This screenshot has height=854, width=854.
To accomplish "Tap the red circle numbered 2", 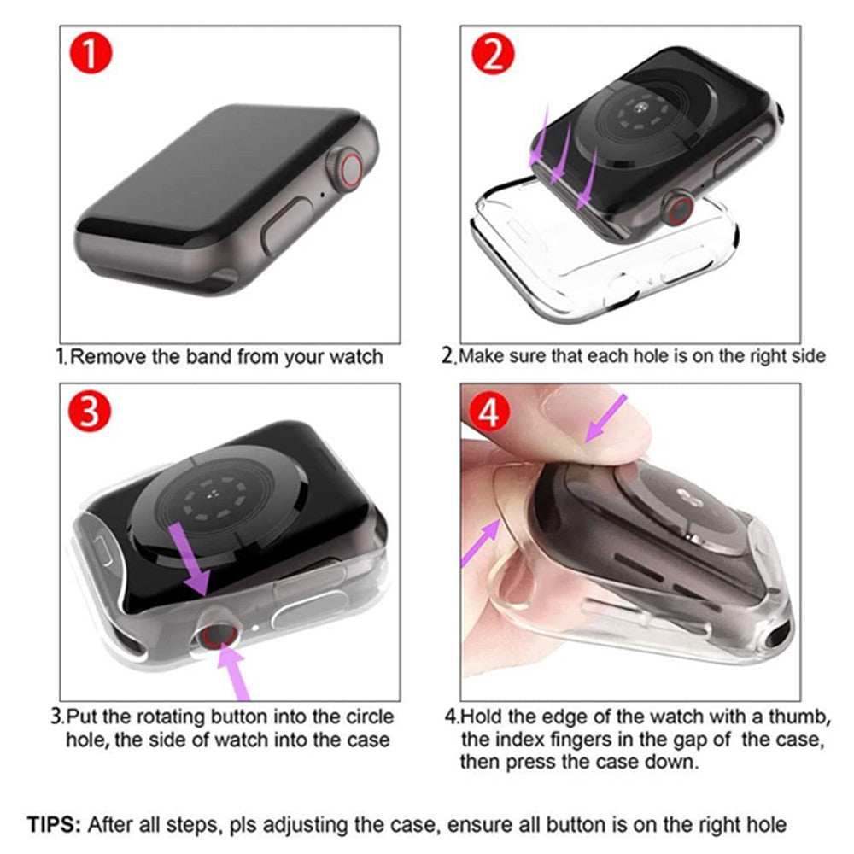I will (x=493, y=55).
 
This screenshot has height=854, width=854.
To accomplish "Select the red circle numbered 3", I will (x=91, y=412).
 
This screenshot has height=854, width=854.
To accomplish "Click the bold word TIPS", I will (x=54, y=824).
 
